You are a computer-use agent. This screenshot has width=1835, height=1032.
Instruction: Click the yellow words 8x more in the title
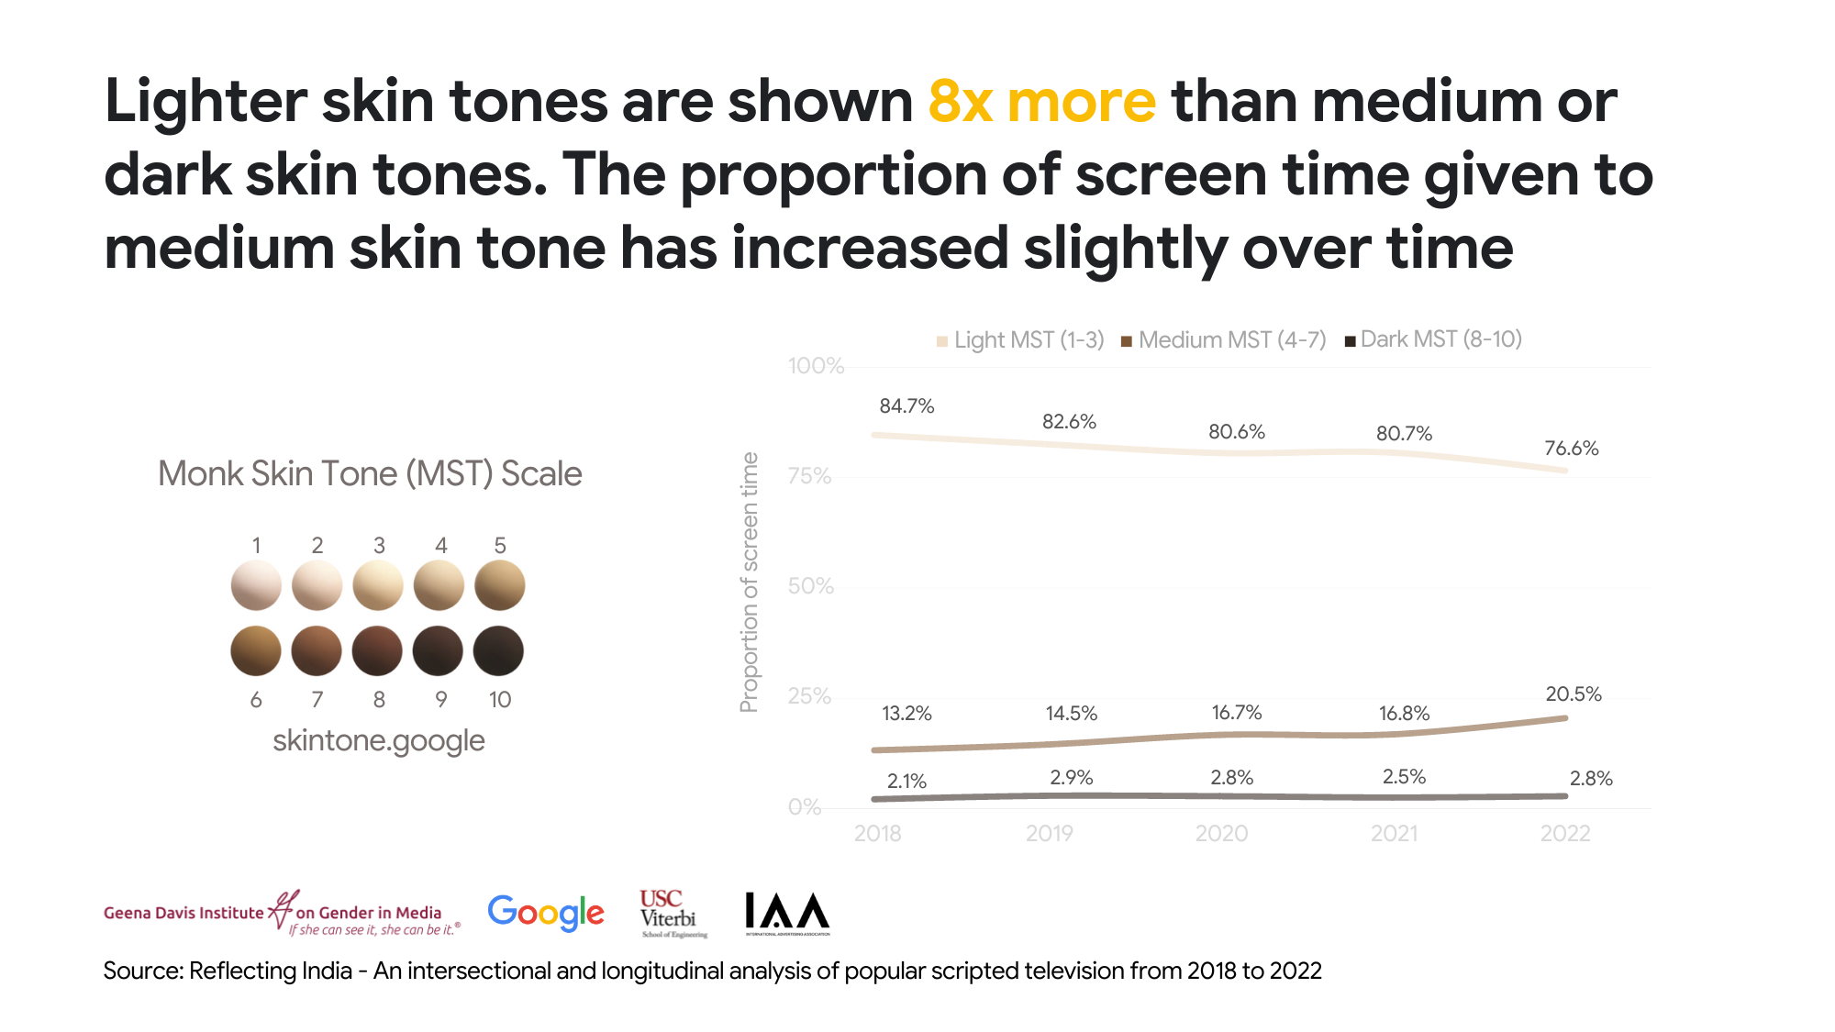click(1041, 101)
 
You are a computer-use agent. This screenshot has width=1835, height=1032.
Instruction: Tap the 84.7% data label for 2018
click(906, 406)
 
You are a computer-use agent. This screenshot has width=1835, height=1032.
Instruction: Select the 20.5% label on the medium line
click(1573, 694)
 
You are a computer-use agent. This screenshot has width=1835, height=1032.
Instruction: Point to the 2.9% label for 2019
click(1071, 778)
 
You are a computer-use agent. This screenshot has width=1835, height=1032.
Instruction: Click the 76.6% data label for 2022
click(1571, 449)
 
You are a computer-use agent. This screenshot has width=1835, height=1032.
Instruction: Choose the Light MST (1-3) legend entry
click(1020, 340)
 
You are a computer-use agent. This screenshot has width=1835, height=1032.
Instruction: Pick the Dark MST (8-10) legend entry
click(1433, 339)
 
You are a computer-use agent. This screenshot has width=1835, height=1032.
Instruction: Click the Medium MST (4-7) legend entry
click(1224, 340)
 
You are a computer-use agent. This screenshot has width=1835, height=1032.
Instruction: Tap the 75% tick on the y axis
click(809, 476)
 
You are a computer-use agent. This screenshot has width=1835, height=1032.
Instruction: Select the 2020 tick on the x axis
click(1221, 834)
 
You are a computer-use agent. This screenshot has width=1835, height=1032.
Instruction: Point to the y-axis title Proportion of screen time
click(750, 582)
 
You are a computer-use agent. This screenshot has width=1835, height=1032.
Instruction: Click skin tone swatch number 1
click(256, 585)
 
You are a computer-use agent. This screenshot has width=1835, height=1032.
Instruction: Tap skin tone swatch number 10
click(498, 651)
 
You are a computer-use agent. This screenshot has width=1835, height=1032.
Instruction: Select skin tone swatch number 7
click(317, 651)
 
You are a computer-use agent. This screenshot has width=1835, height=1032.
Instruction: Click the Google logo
click(546, 913)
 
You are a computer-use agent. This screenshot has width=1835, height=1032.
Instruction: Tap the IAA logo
click(787, 913)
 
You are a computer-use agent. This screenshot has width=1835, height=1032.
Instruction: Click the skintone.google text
click(378, 740)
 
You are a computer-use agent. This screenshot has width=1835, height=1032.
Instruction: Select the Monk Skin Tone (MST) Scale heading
click(370, 474)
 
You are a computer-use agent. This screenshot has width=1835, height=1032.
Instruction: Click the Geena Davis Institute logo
click(280, 913)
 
